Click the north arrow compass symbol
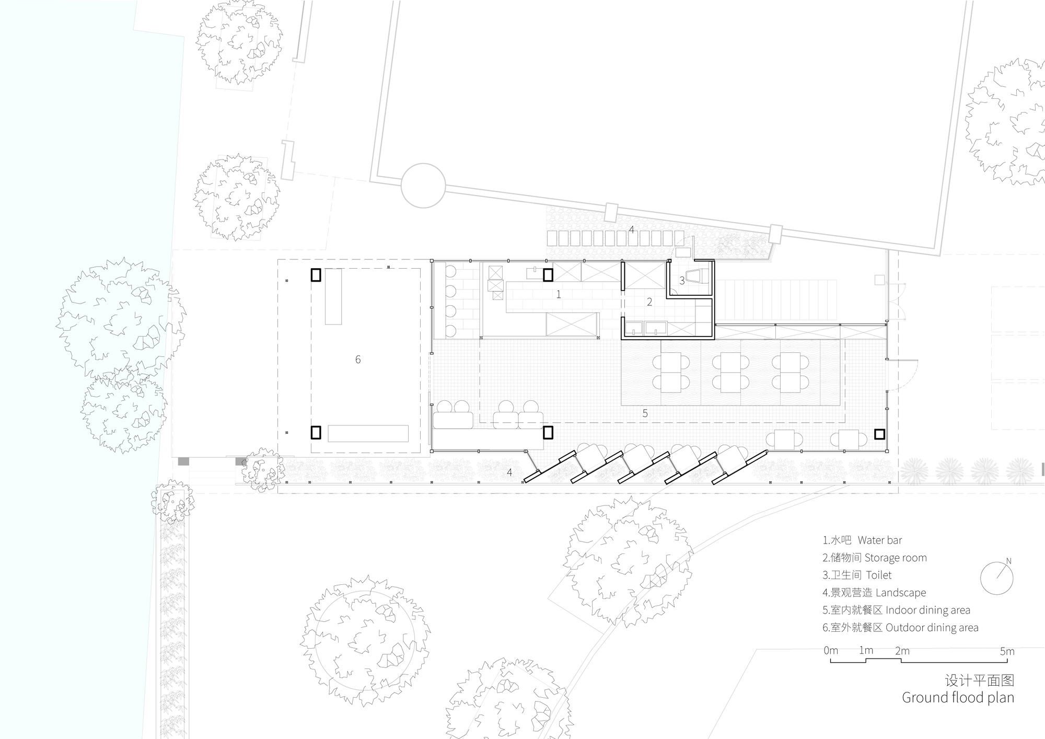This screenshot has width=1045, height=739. pos(996,579)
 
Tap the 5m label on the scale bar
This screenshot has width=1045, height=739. pos(1007,651)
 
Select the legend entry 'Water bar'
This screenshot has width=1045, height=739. pos(862,540)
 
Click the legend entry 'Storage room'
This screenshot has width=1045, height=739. pos(874,558)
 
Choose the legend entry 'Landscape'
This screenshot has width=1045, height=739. pos(874,593)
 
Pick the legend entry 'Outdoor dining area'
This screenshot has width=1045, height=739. pos(900,628)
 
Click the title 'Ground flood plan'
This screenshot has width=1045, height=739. pos(958,697)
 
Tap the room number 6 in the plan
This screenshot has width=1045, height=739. pos(358,360)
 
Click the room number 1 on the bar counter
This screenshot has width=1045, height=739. pos(558,295)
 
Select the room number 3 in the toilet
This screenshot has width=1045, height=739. pos(682,281)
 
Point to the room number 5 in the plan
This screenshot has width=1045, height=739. pos(645,413)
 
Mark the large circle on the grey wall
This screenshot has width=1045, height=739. pos(423,186)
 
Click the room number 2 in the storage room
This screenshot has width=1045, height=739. pos(649,302)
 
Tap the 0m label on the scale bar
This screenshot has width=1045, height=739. pos(830,651)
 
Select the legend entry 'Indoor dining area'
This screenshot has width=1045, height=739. pos(896,610)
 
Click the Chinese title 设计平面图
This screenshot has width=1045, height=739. pos(979,680)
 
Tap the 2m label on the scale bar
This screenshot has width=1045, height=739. pos(902,651)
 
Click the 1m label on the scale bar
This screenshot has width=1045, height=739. pos(866,651)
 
